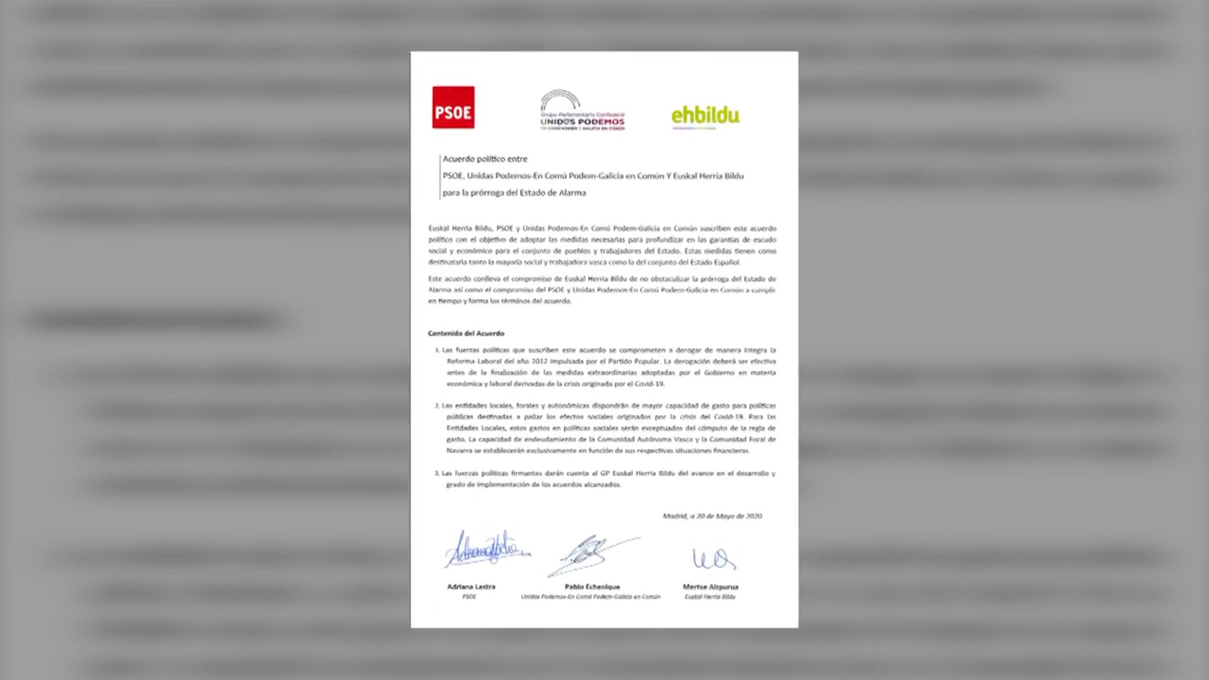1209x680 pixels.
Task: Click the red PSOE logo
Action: click(x=453, y=108)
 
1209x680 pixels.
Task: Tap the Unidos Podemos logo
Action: click(x=582, y=110)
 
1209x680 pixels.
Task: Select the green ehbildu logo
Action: click(x=705, y=116)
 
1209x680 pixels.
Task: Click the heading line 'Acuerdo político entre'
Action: click(x=485, y=159)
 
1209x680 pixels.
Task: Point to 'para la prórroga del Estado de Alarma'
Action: click(x=514, y=193)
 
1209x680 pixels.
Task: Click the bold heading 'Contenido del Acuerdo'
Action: click(x=466, y=334)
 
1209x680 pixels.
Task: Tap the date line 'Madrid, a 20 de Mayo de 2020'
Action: click(x=712, y=516)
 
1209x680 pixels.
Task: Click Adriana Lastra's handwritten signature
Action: click(x=486, y=549)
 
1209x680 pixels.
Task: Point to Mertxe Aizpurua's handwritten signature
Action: click(x=713, y=558)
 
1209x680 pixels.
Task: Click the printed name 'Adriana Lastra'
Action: click(x=471, y=587)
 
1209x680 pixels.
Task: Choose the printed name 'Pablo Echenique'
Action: click(x=592, y=587)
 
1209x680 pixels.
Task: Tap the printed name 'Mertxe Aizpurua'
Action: click(x=710, y=587)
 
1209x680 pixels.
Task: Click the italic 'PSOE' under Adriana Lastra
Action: click(x=469, y=597)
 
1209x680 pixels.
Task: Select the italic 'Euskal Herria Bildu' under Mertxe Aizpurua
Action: click(x=710, y=597)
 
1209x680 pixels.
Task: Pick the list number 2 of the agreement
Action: click(x=437, y=406)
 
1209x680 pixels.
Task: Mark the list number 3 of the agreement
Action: click(x=437, y=473)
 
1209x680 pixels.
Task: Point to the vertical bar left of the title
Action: click(x=439, y=176)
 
